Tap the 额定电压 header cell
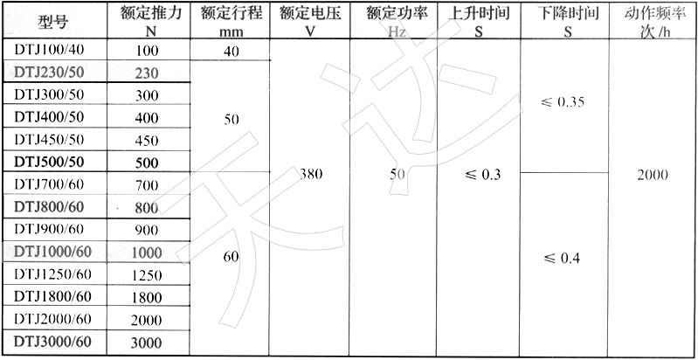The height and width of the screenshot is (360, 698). [310, 14]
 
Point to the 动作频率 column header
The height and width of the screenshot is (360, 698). [653, 14]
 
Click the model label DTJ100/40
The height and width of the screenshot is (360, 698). [49, 50]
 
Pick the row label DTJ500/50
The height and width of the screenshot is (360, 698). [49, 162]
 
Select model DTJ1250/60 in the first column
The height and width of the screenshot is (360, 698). [53, 274]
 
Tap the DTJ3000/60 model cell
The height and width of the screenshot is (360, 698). [53, 342]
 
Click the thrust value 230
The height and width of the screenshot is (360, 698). [146, 73]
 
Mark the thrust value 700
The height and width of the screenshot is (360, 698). [146, 185]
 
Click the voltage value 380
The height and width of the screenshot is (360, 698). [311, 175]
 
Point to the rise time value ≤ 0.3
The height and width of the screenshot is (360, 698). [481, 175]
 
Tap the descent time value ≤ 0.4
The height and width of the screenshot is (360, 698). [562, 259]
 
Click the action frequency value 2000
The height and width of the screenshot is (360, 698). [653, 175]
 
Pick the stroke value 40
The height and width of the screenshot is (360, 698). [231, 52]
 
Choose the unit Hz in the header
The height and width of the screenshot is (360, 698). [397, 32]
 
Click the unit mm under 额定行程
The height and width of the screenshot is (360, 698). [231, 33]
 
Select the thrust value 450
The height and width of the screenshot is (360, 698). [146, 141]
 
